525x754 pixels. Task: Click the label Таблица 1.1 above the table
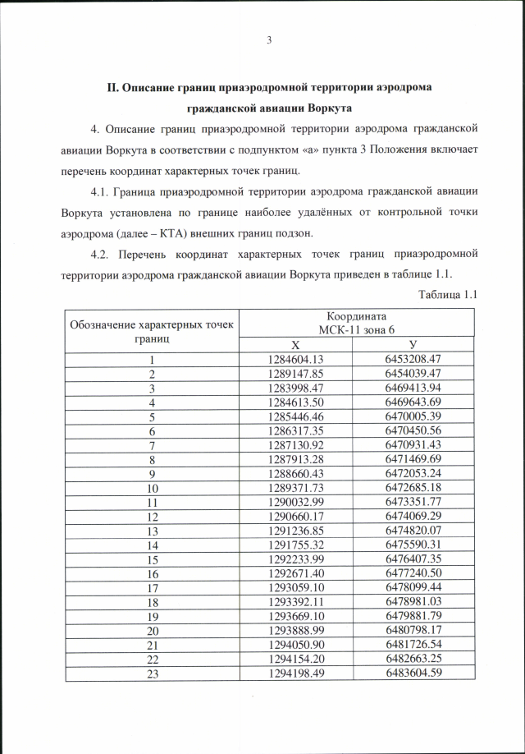(x=447, y=294)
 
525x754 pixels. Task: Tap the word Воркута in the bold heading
(x=328, y=108)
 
